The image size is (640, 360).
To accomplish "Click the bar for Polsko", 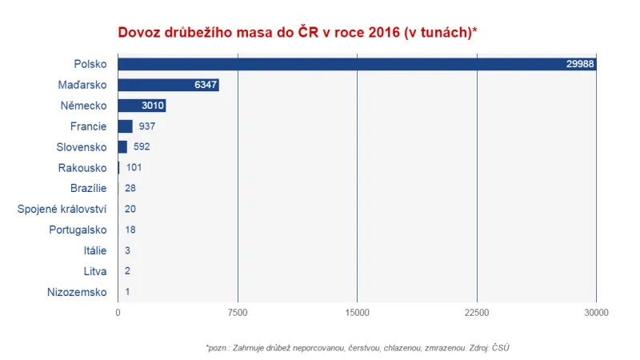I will coord(356,64).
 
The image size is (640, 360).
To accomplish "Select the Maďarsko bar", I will coord(168,85).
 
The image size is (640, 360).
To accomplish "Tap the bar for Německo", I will coord(142,106).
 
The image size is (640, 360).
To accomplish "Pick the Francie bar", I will coord(125,126).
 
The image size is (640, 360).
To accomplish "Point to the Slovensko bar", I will coord(122,147).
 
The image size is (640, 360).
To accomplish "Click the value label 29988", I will coord(579,64).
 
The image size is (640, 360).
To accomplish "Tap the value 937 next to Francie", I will coord(146,126).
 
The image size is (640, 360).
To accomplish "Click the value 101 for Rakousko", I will coord(134,168).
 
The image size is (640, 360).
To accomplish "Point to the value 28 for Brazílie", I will coord(131,189).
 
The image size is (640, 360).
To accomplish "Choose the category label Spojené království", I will coord(62,210).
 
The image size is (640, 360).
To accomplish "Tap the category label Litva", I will coord(94,272).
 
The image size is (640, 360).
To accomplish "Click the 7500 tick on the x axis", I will coord(238,312).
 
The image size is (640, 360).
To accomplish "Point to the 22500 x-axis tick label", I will coord(477,312).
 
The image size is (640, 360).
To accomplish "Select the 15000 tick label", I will coord(357,312).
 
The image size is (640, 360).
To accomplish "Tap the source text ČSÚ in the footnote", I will coord(499,348).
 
